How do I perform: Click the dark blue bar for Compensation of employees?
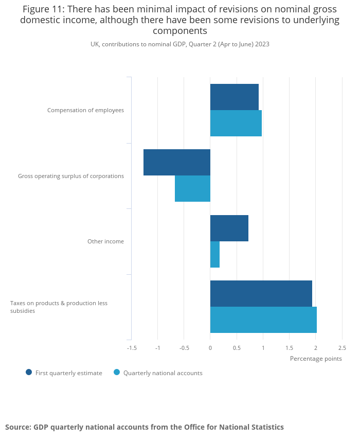(x=234, y=97)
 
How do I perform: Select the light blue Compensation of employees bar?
(x=236, y=123)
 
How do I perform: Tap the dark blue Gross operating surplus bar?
(x=176, y=162)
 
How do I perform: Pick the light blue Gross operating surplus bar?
(x=192, y=188)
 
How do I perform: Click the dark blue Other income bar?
(x=229, y=228)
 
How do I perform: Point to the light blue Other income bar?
(x=215, y=254)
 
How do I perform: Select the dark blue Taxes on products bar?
(x=261, y=293)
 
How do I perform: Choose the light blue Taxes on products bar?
(x=263, y=320)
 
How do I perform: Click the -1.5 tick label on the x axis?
(x=132, y=348)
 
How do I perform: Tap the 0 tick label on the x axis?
(x=210, y=348)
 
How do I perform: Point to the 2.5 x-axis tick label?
(x=342, y=348)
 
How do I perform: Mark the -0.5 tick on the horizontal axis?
(x=184, y=348)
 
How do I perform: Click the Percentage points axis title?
(x=316, y=359)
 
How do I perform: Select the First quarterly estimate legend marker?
(x=29, y=373)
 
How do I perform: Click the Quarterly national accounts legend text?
(x=163, y=373)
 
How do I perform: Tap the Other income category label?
(x=105, y=241)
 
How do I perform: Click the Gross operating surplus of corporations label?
(x=71, y=176)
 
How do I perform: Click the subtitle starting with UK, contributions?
(x=180, y=44)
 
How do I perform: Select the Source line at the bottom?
(x=145, y=427)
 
